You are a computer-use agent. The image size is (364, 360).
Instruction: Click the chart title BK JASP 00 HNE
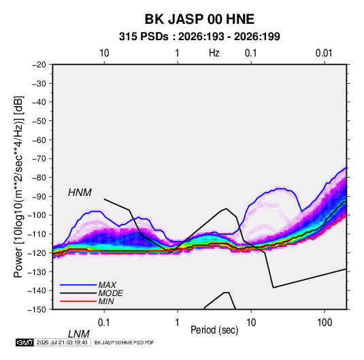199,19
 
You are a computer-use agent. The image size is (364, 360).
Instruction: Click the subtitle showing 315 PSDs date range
199,37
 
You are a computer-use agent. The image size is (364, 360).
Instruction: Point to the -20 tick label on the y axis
39,65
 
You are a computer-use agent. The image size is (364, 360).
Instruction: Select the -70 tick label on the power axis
39,159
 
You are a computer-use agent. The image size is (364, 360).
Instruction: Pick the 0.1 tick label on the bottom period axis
104,323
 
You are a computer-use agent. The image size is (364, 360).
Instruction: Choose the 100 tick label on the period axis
325,323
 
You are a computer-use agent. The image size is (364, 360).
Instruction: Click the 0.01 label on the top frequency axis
324,53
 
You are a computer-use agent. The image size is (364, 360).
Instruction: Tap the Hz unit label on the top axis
214,53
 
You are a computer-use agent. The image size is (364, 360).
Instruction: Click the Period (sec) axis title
214,330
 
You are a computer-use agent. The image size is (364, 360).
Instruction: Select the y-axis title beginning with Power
18,187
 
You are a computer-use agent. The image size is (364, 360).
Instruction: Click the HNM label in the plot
80,193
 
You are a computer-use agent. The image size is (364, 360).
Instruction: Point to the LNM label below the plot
78,334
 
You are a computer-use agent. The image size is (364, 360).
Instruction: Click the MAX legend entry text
107,284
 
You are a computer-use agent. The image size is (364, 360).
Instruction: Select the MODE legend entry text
110,293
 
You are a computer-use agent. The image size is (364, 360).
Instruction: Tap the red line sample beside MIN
78,301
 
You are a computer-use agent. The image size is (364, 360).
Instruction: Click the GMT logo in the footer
24,342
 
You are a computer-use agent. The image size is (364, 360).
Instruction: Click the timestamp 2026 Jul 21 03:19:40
62,342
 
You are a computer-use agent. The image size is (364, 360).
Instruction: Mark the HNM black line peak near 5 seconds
226,208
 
